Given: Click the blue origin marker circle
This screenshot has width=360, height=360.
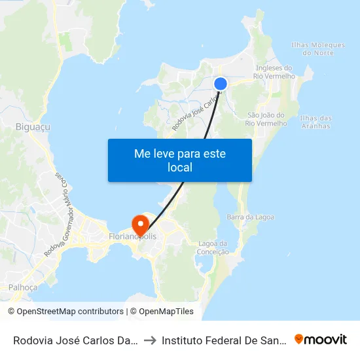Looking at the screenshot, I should tap(221, 84).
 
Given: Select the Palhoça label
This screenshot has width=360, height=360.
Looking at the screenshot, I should tap(23, 287).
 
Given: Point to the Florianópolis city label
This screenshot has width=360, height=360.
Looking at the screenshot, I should tap(134, 235).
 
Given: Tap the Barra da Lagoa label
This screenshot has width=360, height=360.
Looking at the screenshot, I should tap(250, 217).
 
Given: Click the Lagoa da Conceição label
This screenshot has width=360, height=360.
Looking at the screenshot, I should tap(213, 247).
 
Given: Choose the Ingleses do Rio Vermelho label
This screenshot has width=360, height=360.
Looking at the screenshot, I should tap(274, 72).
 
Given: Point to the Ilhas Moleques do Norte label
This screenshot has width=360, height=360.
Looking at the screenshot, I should tap(317, 48).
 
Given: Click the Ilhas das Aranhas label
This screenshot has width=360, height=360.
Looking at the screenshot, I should tap(315, 122).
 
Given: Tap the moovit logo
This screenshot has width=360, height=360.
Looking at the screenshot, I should tap(321, 339).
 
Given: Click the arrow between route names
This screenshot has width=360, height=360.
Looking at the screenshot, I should tap(149, 340).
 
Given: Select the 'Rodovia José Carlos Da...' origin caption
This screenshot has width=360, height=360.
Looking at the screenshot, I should tap(75, 340).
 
